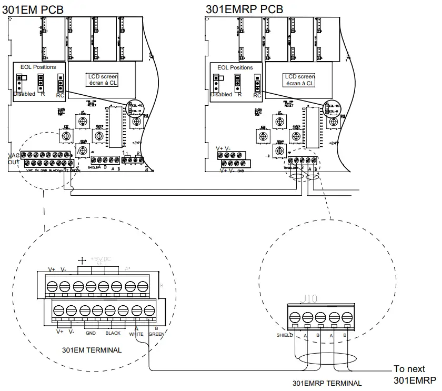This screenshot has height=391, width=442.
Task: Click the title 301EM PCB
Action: click(x=36, y=9)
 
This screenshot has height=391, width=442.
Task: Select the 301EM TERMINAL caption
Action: click(x=92, y=350)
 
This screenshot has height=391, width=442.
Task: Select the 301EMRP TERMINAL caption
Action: click(x=327, y=384)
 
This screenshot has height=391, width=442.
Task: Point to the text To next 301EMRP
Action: click(x=415, y=374)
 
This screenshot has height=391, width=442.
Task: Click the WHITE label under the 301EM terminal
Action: click(x=136, y=333)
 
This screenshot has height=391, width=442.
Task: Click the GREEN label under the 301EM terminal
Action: click(x=156, y=333)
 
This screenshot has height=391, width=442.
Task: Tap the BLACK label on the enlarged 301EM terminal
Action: click(x=113, y=333)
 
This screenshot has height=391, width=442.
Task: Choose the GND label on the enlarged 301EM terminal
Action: click(x=91, y=333)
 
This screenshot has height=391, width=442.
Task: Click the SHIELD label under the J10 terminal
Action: click(x=284, y=335)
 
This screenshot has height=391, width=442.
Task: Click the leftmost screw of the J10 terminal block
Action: click(x=295, y=317)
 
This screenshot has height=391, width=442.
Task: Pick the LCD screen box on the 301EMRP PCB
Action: click(x=300, y=79)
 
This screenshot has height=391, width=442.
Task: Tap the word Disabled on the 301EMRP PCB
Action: click(x=221, y=95)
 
